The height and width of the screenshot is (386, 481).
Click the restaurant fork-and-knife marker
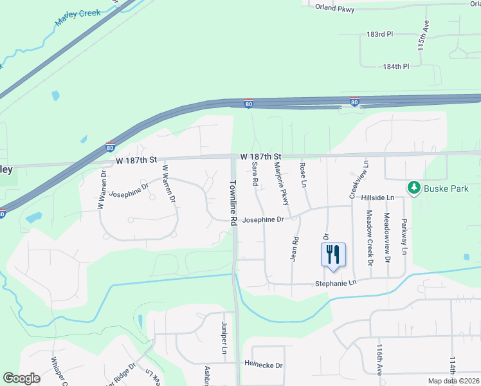point(333,254)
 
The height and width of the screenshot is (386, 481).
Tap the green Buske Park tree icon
point(414,188)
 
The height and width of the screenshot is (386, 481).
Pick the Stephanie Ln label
point(335,284)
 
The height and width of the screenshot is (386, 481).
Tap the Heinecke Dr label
point(263,365)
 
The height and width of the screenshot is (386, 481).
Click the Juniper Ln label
point(224,339)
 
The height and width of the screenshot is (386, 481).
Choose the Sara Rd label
point(255,174)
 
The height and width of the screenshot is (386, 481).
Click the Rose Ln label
point(302,174)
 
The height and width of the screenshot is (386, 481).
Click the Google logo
point(22,378)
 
